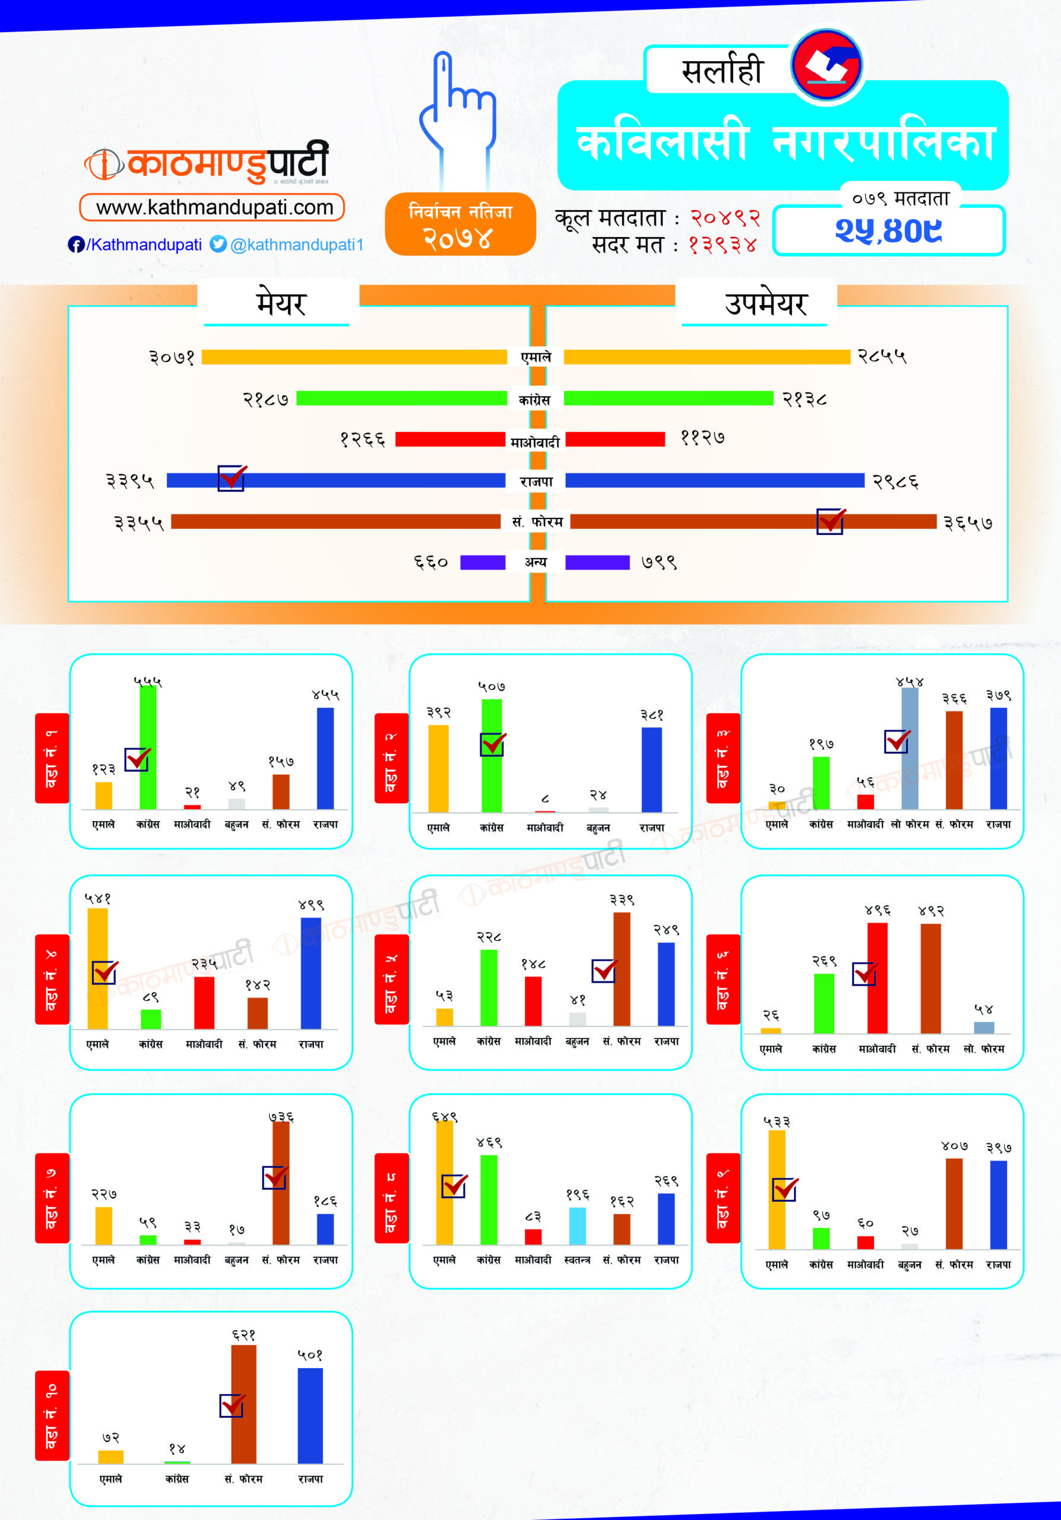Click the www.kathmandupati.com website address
213,207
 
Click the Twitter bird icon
218,243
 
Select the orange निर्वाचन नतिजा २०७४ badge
460,224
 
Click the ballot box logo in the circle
826,65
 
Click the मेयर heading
281,304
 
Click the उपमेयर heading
766,304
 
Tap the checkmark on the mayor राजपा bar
232,477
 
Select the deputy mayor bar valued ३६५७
753,522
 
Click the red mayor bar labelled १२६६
450,439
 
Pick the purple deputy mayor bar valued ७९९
597,562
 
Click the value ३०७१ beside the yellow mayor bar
172,357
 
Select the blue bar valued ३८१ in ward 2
651,769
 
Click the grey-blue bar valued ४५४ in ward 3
910,748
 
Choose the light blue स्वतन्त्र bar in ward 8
577,1225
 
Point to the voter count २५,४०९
888,230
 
